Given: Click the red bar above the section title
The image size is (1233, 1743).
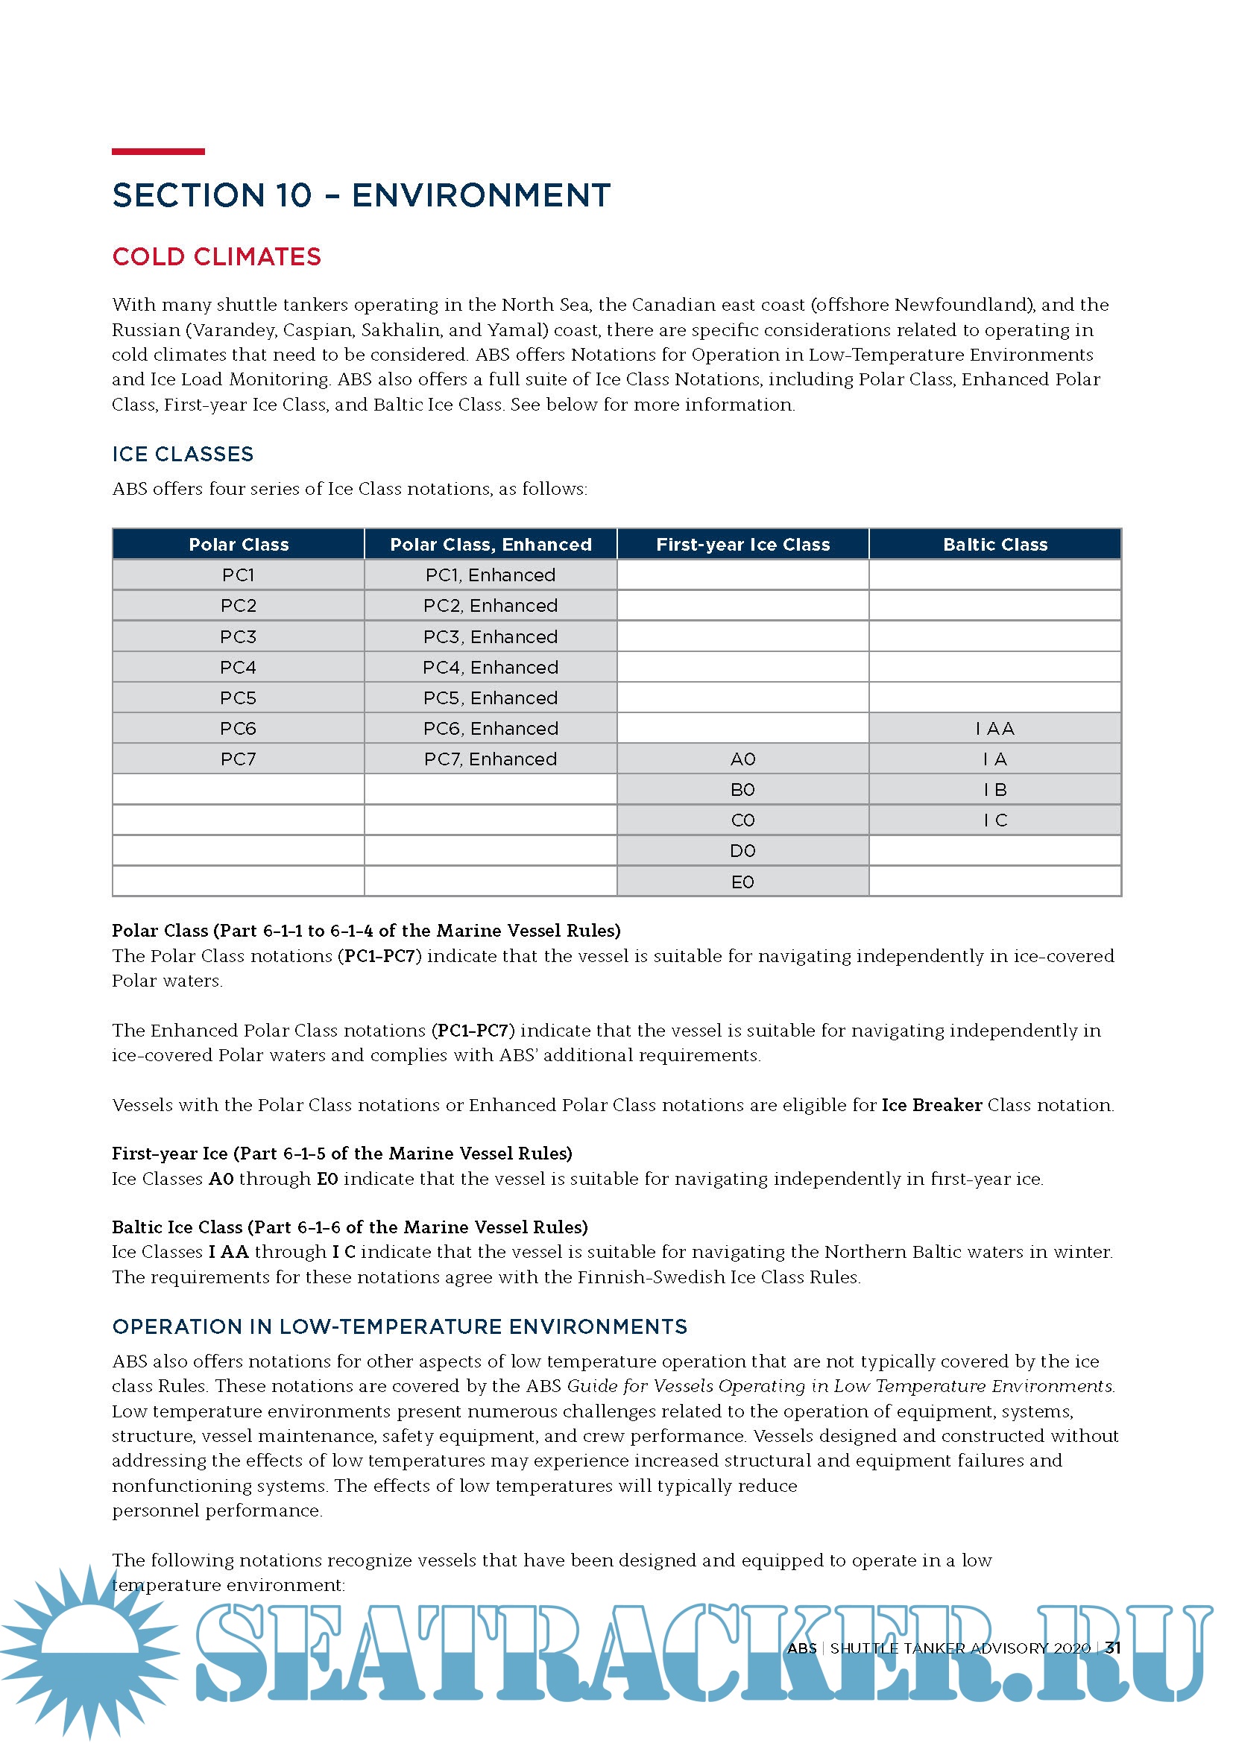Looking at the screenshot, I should coord(158,152).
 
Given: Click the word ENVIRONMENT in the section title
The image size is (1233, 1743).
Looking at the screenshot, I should coord(481,196).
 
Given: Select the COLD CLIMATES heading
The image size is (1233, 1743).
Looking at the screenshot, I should coord(216,256).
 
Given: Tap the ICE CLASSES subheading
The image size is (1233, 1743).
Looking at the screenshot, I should coord(183,454).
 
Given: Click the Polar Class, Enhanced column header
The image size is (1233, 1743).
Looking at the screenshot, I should coord(491,544).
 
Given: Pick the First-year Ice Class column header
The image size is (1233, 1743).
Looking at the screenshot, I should coord(742,544).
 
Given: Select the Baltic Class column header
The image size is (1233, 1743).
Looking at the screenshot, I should coord(994,544).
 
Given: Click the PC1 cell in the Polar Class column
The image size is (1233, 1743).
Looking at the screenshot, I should coord(239,575).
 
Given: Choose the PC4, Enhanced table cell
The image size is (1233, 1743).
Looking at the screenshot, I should coord(491,667).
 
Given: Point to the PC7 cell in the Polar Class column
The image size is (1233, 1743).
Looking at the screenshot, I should coord(239,759).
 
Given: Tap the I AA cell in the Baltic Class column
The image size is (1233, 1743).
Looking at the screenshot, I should coord(994,729).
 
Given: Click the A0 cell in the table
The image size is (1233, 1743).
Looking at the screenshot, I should coord(742,759).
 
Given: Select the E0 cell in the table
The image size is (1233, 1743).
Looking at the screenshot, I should coord(742,882).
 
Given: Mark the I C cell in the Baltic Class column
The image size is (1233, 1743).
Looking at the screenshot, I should coord(994,820).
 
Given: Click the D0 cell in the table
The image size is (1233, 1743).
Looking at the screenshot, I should coord(742,851).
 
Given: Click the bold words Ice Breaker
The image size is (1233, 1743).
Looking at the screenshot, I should coord(932,1105).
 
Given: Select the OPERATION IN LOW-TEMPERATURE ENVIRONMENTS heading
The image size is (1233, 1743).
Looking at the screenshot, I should coord(400,1327).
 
